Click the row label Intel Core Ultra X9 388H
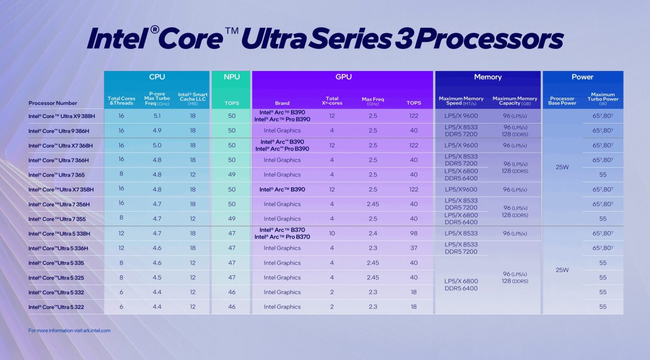coord(61,116)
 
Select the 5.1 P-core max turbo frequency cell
coord(157,116)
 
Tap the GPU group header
coord(343,77)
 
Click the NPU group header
coord(231,77)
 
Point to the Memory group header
coord(487,77)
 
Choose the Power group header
coord(582,77)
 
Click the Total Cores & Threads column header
coord(121,101)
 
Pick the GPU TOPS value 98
coord(413,234)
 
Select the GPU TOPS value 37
coord(413,248)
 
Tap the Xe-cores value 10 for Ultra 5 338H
coord(332,234)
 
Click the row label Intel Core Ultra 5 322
coord(56,307)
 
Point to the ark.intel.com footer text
coord(69,331)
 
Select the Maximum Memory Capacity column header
coord(515,101)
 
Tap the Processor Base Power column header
coord(562,101)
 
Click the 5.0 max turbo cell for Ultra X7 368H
coord(157,146)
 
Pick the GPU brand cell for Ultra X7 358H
coord(282,190)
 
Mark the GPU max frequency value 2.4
coord(372,234)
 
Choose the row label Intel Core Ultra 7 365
coord(56,175)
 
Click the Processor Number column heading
coord(52,103)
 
